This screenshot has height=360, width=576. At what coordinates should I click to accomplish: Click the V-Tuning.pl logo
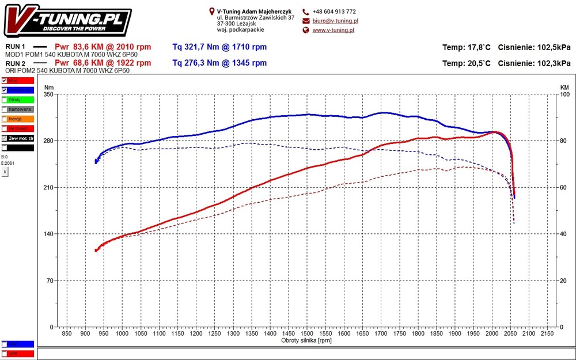[69, 21]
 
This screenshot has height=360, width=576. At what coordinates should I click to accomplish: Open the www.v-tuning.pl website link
[333, 30]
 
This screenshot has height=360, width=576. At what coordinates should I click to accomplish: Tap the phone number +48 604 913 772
[334, 12]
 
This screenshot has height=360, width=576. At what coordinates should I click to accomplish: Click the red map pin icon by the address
[211, 11]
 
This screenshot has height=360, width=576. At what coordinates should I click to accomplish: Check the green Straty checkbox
[5, 100]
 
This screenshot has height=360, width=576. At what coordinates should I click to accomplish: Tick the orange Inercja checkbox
[5, 119]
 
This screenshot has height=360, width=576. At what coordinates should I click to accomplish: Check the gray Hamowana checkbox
[5, 109]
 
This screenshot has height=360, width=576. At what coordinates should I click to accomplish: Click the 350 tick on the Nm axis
[48, 94]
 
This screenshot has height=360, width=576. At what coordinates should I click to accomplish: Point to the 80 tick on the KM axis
[564, 141]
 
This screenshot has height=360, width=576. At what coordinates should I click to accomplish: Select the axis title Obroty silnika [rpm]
[306, 340]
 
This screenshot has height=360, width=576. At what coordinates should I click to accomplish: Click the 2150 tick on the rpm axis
[548, 334]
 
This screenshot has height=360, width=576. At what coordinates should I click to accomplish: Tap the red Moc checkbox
[5, 81]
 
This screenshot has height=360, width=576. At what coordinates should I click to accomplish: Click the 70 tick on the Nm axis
[50, 281]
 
